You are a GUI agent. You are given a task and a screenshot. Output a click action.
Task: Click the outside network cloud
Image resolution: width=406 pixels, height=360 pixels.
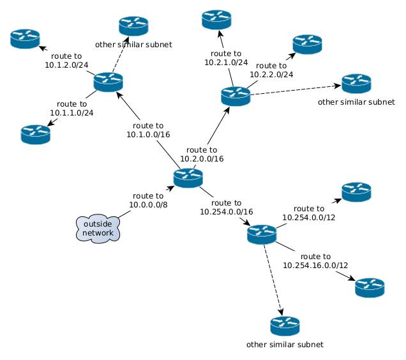98,229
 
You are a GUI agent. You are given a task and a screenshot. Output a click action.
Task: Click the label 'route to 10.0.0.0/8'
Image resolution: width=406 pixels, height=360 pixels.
148,200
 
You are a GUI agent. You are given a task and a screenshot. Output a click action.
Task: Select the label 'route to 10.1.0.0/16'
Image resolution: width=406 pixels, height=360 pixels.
148,130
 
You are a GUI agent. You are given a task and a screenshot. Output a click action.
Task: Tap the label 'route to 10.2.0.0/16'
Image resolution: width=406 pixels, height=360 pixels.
202,154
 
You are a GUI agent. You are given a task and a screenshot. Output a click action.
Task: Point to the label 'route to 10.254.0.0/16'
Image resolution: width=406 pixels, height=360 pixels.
227,207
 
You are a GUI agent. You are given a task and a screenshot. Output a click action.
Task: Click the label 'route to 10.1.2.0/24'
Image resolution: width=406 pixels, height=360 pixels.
66,61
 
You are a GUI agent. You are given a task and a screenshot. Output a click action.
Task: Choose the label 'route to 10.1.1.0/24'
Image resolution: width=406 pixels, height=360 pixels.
72,109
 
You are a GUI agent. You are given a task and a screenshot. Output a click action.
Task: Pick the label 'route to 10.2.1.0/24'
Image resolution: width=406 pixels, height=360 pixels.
226,58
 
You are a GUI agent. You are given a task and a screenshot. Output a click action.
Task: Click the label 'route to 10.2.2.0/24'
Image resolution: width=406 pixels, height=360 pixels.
271,70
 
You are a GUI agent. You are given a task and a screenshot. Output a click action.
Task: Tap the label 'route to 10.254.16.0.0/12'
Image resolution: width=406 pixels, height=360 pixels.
315,261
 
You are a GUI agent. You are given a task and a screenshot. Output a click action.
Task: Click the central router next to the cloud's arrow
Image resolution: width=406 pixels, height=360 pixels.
188,178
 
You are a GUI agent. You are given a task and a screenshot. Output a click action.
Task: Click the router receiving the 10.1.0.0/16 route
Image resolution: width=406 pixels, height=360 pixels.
108,82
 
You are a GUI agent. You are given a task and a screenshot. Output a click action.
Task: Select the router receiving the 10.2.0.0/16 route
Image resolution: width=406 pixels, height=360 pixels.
236,96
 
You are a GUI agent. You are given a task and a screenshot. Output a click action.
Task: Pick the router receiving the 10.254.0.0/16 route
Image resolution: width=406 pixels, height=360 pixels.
262,234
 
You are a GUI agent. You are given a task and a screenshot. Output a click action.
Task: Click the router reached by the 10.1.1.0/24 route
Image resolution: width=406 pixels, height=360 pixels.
35,134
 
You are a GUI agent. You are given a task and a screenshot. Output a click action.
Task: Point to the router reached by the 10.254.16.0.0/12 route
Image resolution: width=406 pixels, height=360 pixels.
370,287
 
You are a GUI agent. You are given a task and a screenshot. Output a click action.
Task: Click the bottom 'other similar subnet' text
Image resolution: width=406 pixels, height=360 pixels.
285,345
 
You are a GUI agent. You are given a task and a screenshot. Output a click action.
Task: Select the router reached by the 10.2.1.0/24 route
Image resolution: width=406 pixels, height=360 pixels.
217,20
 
